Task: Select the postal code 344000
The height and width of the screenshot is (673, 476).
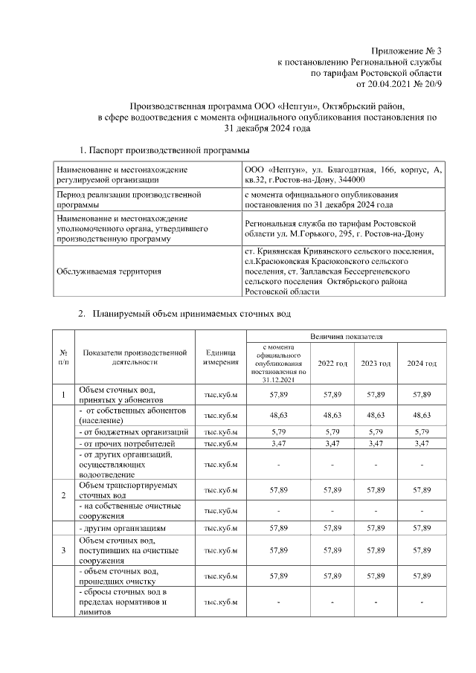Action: (347, 180)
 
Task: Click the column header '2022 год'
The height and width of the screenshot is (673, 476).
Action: (332, 363)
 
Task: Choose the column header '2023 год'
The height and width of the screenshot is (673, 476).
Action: (376, 363)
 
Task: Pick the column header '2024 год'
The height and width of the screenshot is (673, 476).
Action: (421, 363)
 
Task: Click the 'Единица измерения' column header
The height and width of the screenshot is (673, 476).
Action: (220, 357)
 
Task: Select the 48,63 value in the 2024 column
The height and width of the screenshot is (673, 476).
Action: (421, 415)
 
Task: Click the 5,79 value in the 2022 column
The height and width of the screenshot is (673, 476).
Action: (332, 432)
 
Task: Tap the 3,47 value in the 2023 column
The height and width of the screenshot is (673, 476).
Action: (376, 444)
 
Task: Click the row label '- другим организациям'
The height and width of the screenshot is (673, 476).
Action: (122, 528)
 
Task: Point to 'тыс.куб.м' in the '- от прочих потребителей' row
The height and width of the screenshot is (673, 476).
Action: (220, 444)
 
